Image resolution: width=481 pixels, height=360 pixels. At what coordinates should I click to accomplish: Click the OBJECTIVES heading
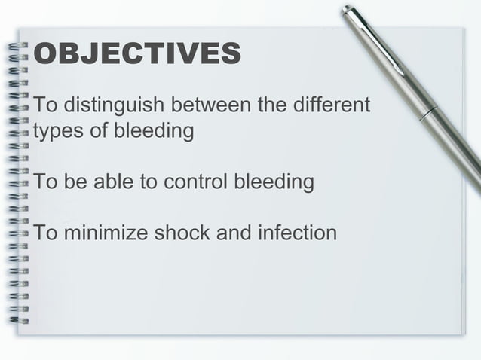138,54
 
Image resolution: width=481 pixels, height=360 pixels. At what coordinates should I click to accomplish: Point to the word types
55,131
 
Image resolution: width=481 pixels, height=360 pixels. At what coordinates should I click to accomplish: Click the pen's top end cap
348,11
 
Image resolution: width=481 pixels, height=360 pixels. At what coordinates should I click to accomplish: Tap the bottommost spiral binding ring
19,320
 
